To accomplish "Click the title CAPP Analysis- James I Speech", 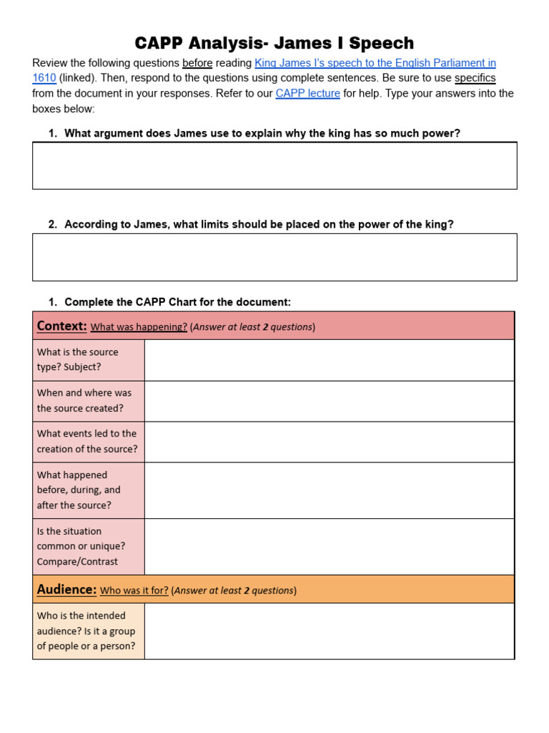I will (274, 43).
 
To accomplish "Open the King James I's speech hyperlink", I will (375, 63).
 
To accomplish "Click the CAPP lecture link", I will (307, 93).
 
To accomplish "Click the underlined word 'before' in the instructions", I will (197, 63).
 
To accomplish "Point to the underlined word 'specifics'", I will (475, 78).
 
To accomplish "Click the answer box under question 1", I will (274, 165).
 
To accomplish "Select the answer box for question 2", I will (274, 257).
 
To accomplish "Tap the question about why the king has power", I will (262, 133).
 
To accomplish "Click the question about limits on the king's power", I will (259, 224).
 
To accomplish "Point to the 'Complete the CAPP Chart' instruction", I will (177, 301).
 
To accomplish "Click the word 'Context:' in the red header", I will (61, 326).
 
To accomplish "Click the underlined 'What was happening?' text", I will (139, 327).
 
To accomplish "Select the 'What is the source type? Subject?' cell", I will (89, 359).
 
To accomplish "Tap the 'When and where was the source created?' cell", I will (89, 401).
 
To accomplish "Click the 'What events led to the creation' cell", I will (89, 442).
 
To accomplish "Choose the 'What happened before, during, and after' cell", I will (89, 490).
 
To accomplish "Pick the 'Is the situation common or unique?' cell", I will (89, 546).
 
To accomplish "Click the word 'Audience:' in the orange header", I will (66, 589).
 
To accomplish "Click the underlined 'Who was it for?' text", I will (134, 591).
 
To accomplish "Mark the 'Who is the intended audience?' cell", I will (89, 631).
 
